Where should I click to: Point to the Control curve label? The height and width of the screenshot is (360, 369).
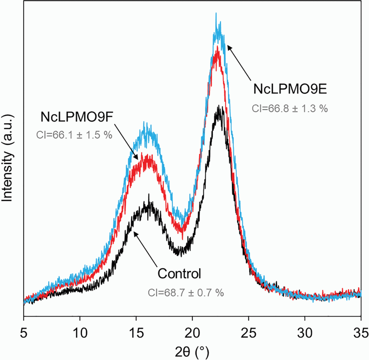tap(179, 274)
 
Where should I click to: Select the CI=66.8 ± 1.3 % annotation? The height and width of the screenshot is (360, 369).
tap(290, 108)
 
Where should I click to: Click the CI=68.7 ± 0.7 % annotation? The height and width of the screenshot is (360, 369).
tap(186, 292)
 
